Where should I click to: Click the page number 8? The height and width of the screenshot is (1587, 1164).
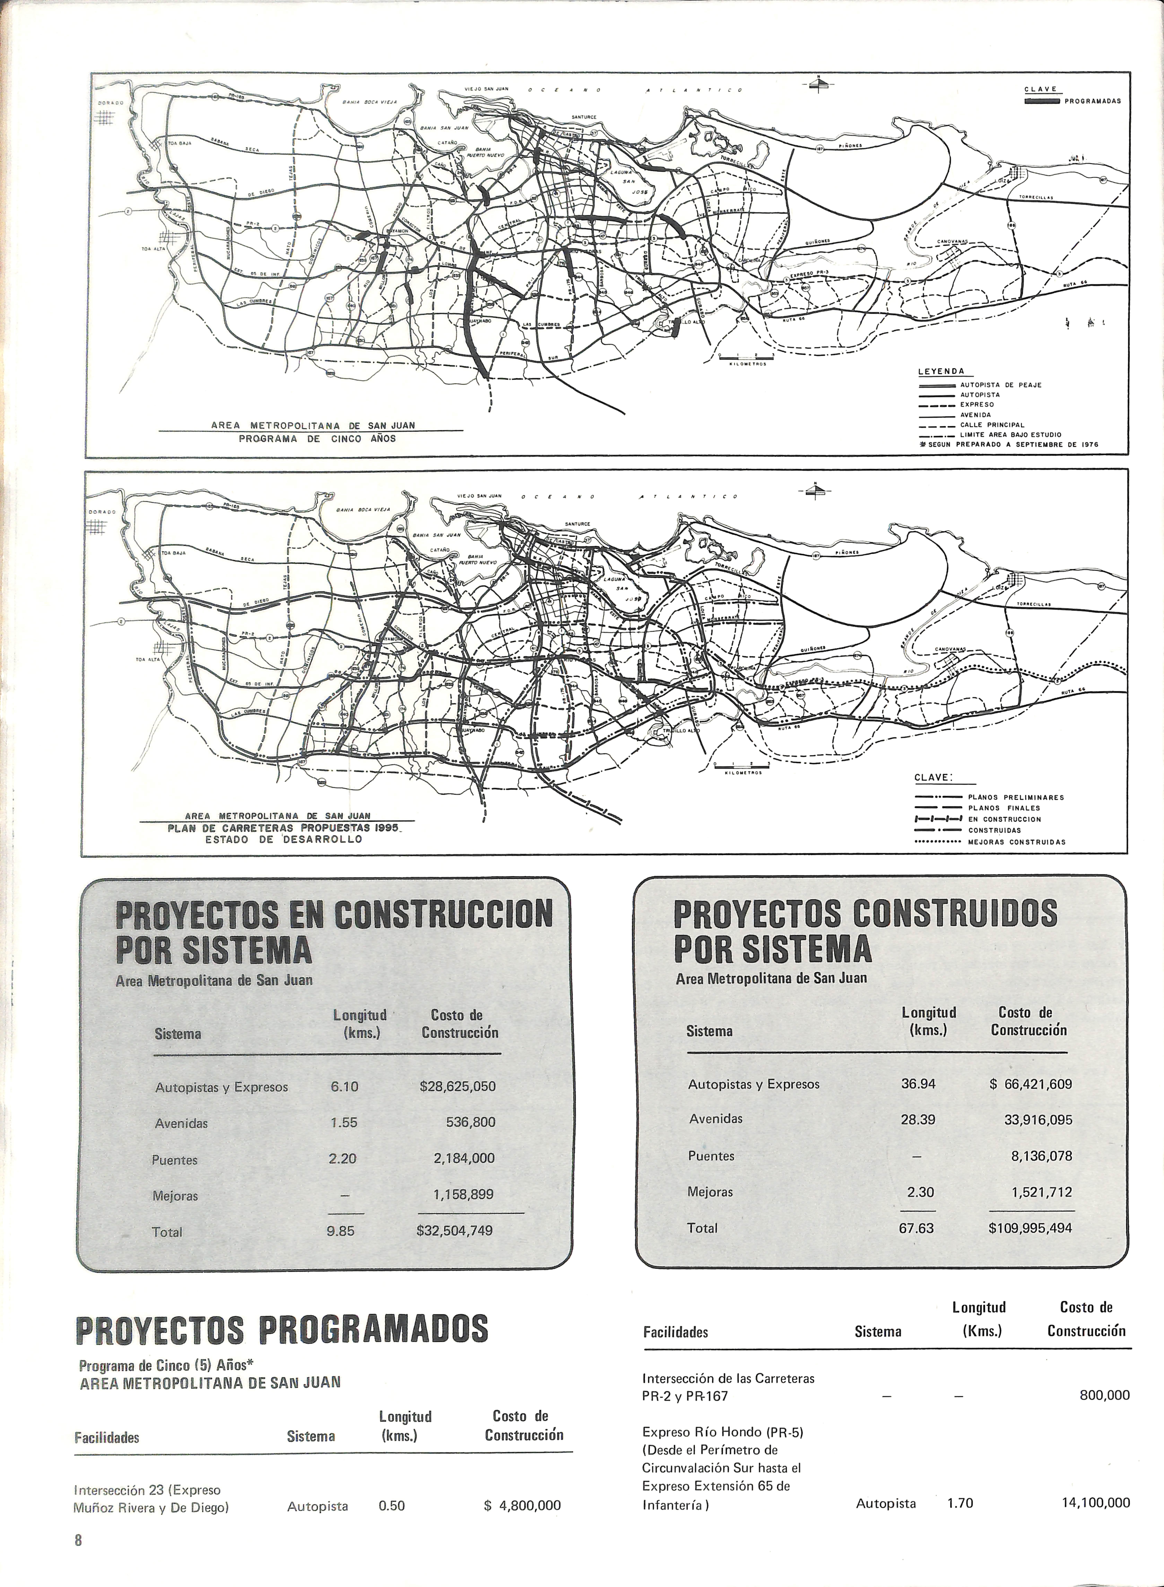tap(78, 1559)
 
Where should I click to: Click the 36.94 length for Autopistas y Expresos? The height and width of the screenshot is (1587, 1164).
tap(918, 1084)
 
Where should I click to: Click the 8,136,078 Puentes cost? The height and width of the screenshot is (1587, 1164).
tap(1041, 1156)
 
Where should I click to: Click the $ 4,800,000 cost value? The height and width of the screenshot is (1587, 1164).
tap(522, 1505)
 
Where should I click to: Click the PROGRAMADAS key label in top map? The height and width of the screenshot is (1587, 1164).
tap(1092, 101)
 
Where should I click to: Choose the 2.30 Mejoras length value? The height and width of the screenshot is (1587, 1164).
tap(920, 1192)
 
